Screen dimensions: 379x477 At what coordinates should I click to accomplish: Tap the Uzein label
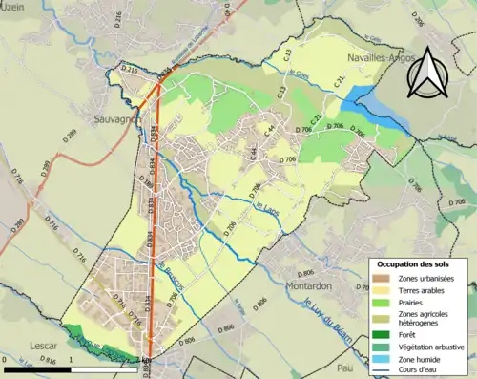pyautogui.click(x=15, y=7)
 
